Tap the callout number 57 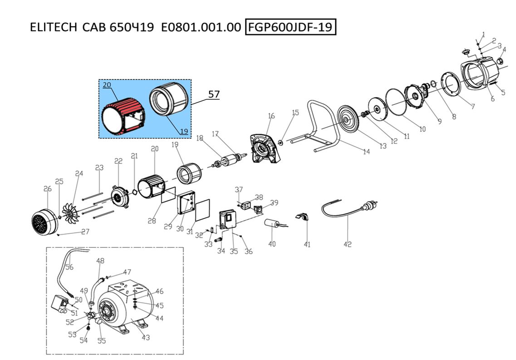click(214, 94)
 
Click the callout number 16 click(271, 116)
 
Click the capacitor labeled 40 click(274, 224)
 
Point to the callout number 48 click(100, 261)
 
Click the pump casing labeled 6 click(482, 73)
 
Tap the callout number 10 click(422, 129)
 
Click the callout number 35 click(234, 251)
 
